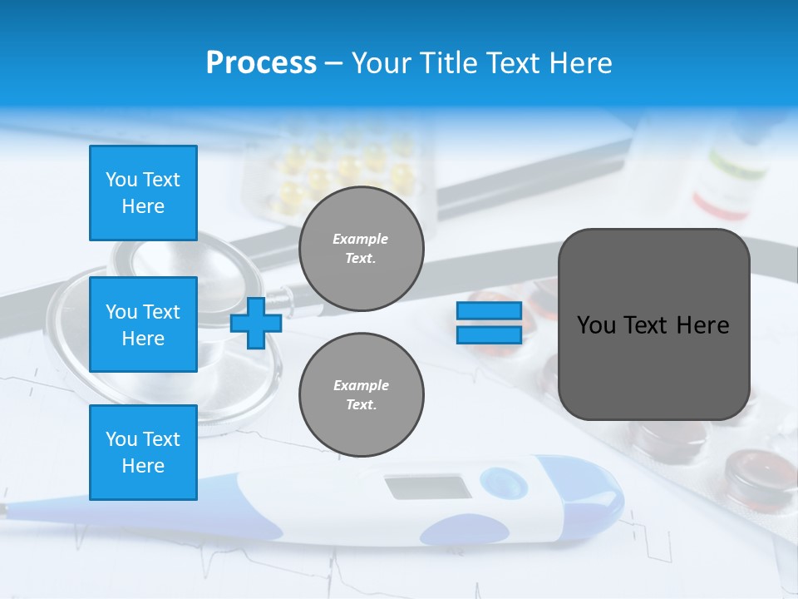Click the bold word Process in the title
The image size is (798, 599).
261,63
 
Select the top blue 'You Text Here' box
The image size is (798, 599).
143,193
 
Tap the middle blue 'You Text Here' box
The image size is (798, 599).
143,324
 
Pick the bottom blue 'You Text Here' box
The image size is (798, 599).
143,453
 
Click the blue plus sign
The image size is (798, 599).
256,323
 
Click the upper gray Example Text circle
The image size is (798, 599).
361,249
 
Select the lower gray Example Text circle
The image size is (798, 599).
361,395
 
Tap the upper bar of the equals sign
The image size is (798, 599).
489,311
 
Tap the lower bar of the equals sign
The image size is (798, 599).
489,334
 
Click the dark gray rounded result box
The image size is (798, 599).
653,366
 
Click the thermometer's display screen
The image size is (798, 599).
428,488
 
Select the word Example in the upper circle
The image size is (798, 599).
361,239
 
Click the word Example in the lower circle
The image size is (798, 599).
361,385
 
